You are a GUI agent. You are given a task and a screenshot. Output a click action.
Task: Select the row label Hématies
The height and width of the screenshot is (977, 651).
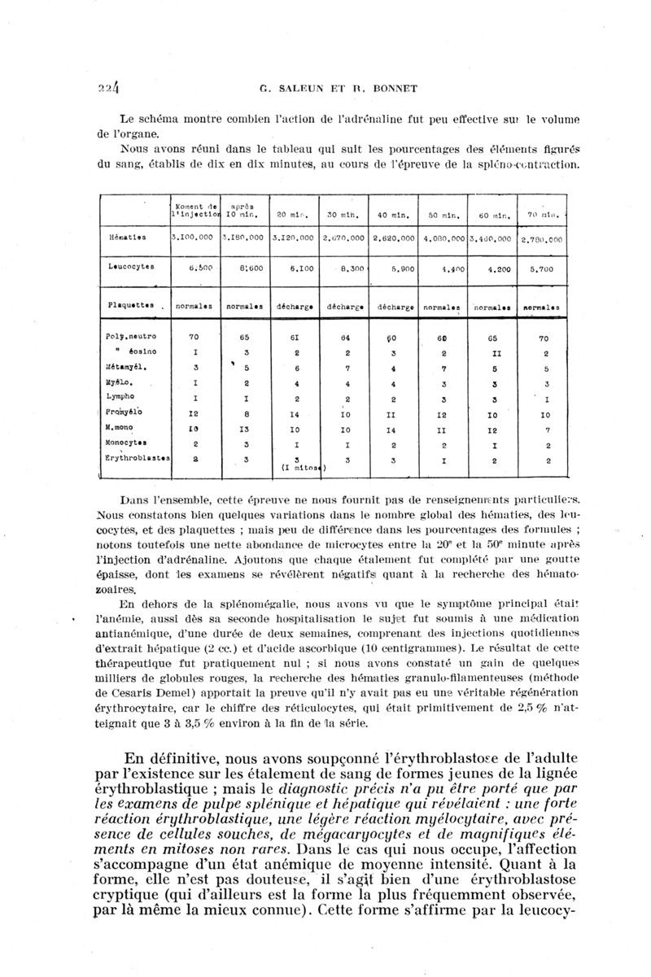[x=133, y=238]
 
